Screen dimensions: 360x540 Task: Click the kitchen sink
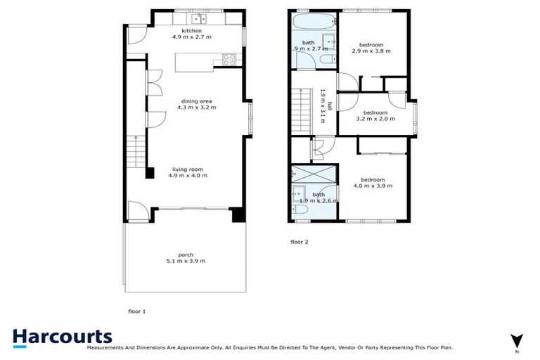tap(199, 17)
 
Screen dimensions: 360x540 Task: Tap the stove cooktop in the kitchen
tap(228, 58)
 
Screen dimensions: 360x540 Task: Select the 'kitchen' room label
tap(191, 32)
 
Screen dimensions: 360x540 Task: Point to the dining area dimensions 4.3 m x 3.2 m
tap(199, 108)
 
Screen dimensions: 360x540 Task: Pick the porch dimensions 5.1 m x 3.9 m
tap(186, 261)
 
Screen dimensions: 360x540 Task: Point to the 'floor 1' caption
tap(136, 310)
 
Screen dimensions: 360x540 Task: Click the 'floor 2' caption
tap(299, 242)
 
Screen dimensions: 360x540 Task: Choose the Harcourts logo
tap(62, 337)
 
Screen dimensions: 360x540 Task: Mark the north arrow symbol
tap(517, 340)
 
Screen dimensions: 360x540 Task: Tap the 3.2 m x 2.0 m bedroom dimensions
tap(375, 119)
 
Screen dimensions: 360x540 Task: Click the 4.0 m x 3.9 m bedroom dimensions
tap(373, 186)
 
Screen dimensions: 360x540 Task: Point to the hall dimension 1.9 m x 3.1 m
tap(322, 105)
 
